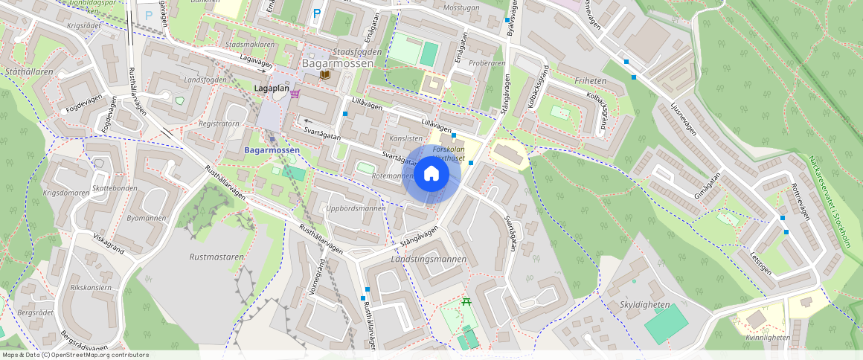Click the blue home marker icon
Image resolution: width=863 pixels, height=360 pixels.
click(x=431, y=175)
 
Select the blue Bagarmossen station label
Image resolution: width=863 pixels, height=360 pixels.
click(x=272, y=150)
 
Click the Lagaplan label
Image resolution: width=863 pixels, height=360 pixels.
click(x=272, y=89)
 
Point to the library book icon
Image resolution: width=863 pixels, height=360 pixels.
click(x=324, y=75)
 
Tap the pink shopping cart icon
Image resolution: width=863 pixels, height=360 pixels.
click(x=295, y=94)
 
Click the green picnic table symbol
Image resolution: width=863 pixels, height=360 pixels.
click(x=466, y=302)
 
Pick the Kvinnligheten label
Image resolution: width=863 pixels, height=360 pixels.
click(x=767, y=337)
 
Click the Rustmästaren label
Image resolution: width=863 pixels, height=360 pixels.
click(x=216, y=257)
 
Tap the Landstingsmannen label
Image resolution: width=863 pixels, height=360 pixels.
click(x=429, y=259)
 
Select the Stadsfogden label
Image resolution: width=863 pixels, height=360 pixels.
click(x=357, y=52)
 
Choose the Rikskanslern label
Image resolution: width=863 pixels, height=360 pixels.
click(x=90, y=287)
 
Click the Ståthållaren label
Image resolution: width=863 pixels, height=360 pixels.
click(x=29, y=72)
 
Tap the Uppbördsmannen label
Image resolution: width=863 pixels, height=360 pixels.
click(x=356, y=208)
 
